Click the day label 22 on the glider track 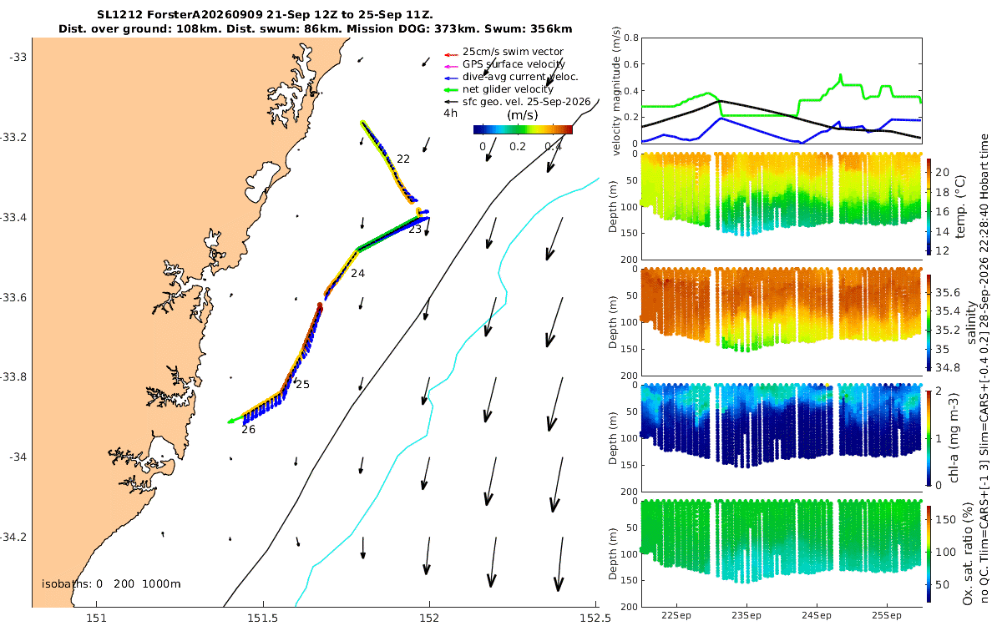(403, 159)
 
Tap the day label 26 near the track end (248, 430)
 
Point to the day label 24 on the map (357, 273)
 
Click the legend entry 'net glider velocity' (508, 89)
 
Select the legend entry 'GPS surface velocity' (514, 64)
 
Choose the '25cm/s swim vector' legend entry (513, 52)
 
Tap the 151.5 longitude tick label (262, 618)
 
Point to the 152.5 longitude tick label (595, 618)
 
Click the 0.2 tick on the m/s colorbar (518, 147)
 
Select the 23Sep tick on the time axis (746, 615)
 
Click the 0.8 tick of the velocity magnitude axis (630, 38)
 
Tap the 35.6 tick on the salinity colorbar (948, 292)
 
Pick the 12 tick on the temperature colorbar (943, 251)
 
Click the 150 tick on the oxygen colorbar (945, 519)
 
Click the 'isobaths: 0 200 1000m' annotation (111, 584)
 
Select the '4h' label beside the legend (450, 114)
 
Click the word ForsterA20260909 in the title (205, 15)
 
